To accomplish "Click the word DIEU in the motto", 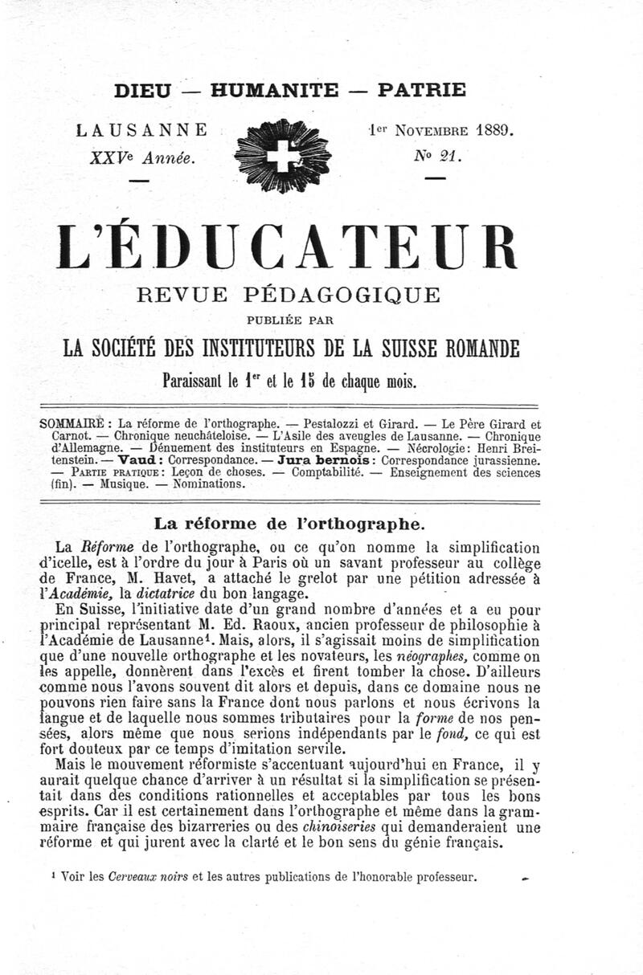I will click(142, 91).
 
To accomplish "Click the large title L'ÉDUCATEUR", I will click(321, 250).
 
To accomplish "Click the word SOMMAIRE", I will click(72, 423).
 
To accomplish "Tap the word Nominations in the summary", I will click(206, 485).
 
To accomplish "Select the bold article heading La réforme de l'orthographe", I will click(288, 524).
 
